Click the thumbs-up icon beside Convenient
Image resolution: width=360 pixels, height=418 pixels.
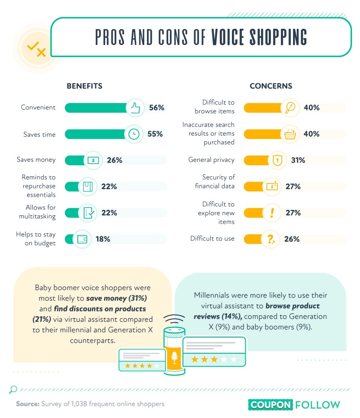[135, 107]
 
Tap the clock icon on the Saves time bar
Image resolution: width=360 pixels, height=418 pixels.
[134, 134]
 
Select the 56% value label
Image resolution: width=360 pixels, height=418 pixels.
[156, 107]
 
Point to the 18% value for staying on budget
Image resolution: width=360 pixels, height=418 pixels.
[103, 239]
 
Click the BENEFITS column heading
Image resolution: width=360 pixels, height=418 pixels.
[84, 86]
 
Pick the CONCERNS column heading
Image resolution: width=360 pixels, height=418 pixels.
[271, 86]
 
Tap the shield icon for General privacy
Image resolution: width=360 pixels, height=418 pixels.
[277, 160]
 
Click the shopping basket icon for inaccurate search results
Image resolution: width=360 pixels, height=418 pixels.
[290, 134]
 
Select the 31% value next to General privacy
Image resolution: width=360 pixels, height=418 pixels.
[298, 160]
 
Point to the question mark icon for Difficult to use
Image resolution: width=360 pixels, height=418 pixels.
[271, 239]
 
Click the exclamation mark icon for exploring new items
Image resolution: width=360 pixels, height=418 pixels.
[272, 213]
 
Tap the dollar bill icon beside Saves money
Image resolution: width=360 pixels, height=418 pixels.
[93, 160]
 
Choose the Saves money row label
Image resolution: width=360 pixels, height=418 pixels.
[36, 160]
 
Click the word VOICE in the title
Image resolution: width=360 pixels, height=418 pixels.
[227, 37]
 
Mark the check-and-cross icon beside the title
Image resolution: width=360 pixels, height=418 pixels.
[36, 49]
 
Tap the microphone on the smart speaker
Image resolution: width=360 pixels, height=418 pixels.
[174, 357]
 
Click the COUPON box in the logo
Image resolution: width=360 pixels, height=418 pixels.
[271, 405]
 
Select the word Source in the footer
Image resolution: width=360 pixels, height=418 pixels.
[27, 404]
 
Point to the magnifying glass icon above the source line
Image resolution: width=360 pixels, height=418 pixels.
[13, 390]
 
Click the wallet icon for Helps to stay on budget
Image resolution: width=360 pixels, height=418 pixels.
[82, 239]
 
